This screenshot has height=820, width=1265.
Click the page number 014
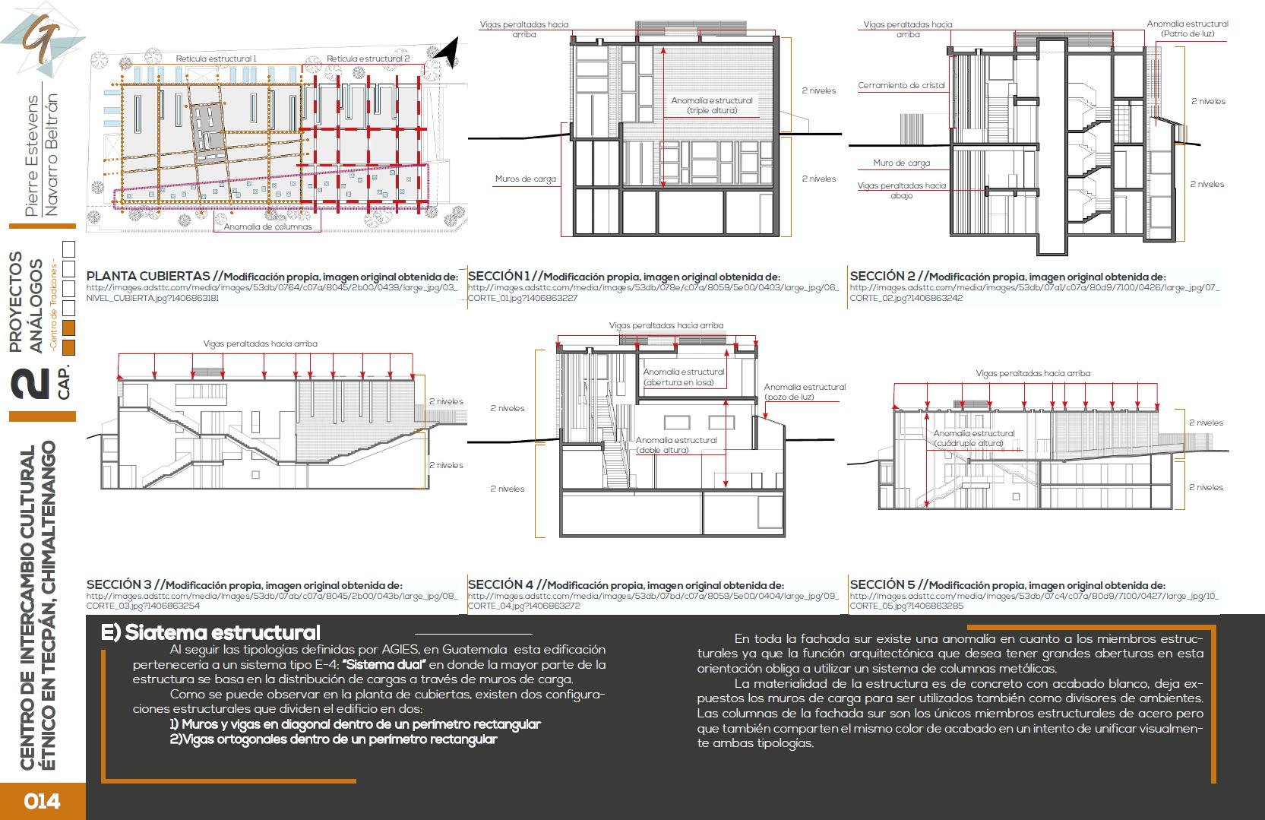click(x=42, y=801)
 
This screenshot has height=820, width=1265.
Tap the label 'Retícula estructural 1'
click(x=216, y=59)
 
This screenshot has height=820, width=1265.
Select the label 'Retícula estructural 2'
click(x=368, y=59)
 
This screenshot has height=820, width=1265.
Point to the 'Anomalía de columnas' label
click(x=267, y=226)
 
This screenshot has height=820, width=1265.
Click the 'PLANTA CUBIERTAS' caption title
click(x=148, y=277)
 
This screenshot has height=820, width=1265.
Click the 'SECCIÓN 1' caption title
click(x=498, y=277)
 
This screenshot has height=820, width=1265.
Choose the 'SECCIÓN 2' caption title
click(x=882, y=277)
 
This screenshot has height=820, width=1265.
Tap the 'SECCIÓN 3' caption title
click(x=119, y=584)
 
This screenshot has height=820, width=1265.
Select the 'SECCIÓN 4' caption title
click(x=501, y=584)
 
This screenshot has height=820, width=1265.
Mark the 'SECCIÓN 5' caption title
click(x=883, y=584)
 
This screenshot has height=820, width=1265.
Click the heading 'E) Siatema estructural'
click(x=211, y=632)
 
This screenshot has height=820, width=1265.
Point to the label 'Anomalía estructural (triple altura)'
click(x=712, y=106)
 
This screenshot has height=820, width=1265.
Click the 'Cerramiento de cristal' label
click(x=901, y=86)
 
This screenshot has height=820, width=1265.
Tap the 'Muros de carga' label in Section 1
click(x=526, y=179)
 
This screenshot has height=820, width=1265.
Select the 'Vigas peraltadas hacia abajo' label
click(x=902, y=190)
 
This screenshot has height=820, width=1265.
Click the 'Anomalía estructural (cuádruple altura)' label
click(x=974, y=438)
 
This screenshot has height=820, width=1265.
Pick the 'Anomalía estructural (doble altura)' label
click(x=676, y=445)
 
